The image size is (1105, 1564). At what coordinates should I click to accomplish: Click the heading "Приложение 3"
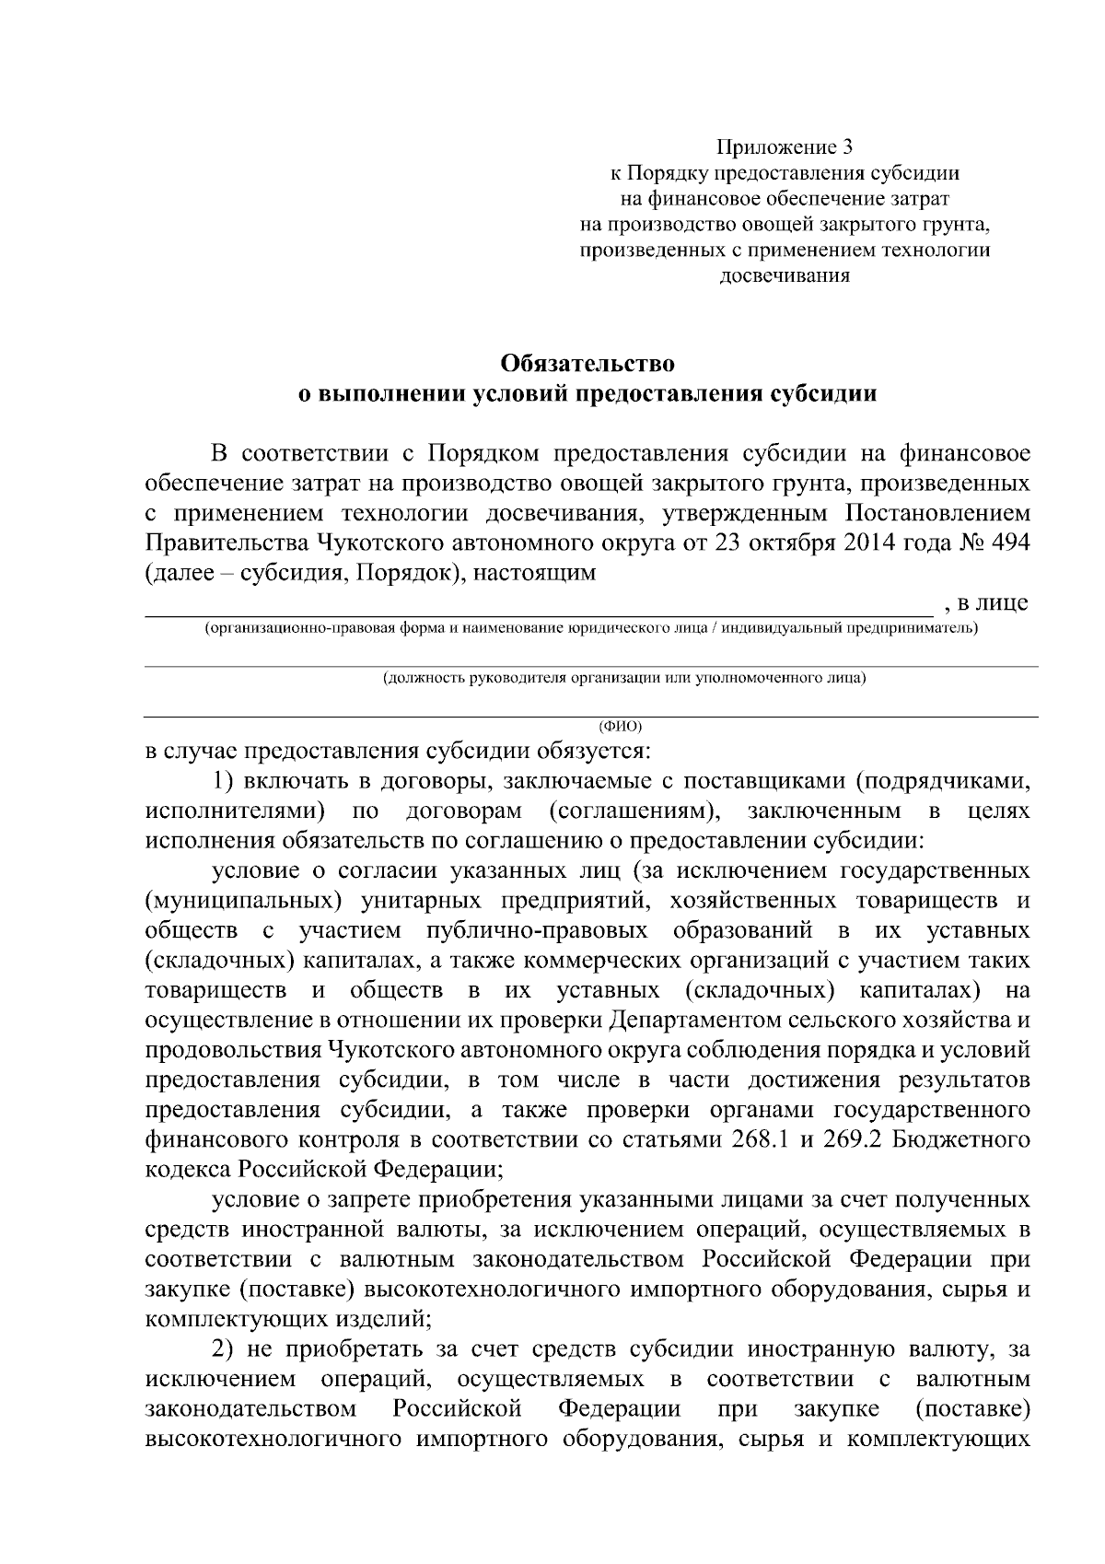tap(785, 146)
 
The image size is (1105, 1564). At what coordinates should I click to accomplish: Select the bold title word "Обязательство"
tap(587, 363)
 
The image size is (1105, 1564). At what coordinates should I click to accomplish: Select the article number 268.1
tap(761, 1140)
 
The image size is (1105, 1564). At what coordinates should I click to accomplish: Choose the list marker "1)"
tap(225, 781)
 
